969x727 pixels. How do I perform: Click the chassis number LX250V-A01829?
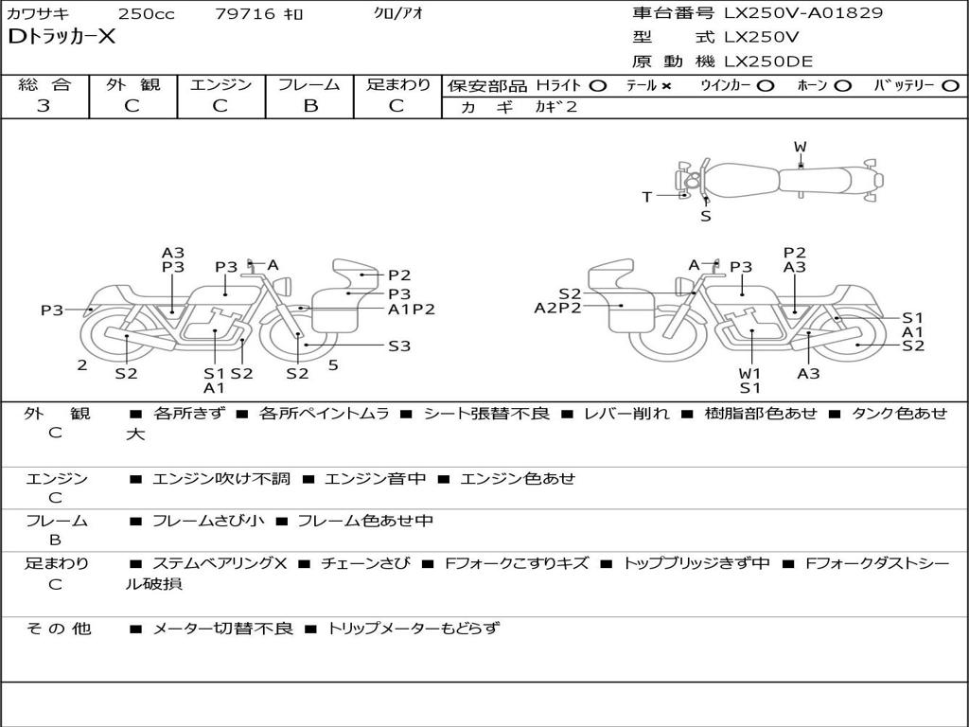(x=803, y=13)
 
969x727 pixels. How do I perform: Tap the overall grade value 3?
(x=44, y=106)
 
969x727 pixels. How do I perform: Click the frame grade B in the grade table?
(x=309, y=106)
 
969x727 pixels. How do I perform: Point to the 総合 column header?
(x=44, y=84)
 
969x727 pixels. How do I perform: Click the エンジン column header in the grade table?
(x=220, y=84)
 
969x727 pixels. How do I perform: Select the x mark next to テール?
(x=666, y=85)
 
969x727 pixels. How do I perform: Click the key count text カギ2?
(x=555, y=107)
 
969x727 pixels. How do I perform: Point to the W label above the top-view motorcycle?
(x=800, y=147)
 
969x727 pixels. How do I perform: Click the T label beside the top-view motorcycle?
(x=647, y=197)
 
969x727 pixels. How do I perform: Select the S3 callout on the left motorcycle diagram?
(x=399, y=346)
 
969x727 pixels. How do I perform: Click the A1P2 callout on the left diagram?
(x=412, y=309)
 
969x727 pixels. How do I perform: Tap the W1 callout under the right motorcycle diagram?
(x=750, y=373)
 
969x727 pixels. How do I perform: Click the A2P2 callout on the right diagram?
(x=557, y=307)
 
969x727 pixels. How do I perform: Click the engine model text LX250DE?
(x=768, y=62)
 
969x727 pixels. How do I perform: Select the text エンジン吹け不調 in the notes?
(x=221, y=479)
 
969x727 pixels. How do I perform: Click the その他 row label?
(x=58, y=629)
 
